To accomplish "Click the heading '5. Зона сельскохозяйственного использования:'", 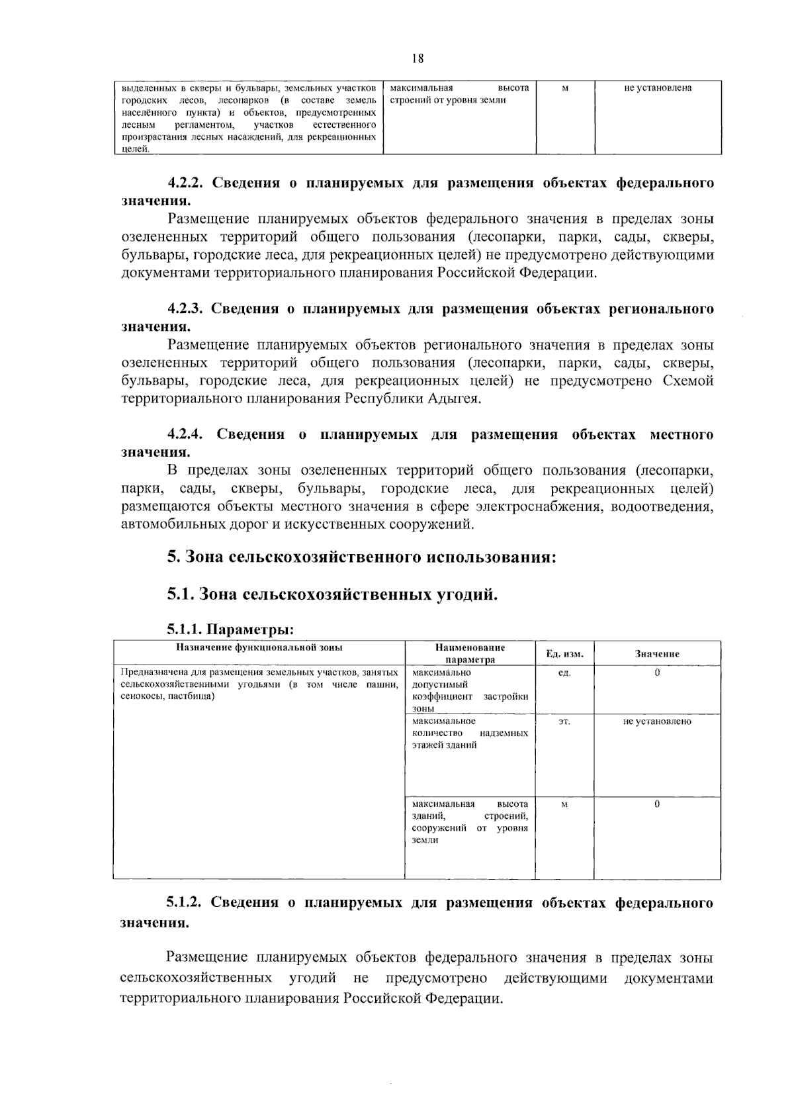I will coord(361,557).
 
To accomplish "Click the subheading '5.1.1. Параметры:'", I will coord(230,629).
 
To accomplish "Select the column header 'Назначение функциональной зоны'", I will coord(259,648).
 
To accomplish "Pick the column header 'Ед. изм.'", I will coord(564,654).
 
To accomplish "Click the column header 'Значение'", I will coord(657,654).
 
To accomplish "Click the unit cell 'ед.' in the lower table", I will coord(564,673).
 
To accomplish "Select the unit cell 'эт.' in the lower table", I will coord(564,721).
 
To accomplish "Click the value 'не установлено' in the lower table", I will coord(657,721).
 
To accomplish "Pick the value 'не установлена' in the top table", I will coord(658,88).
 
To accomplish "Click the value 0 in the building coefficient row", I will coord(657,673).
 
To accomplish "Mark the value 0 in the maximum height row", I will coord(657,804).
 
